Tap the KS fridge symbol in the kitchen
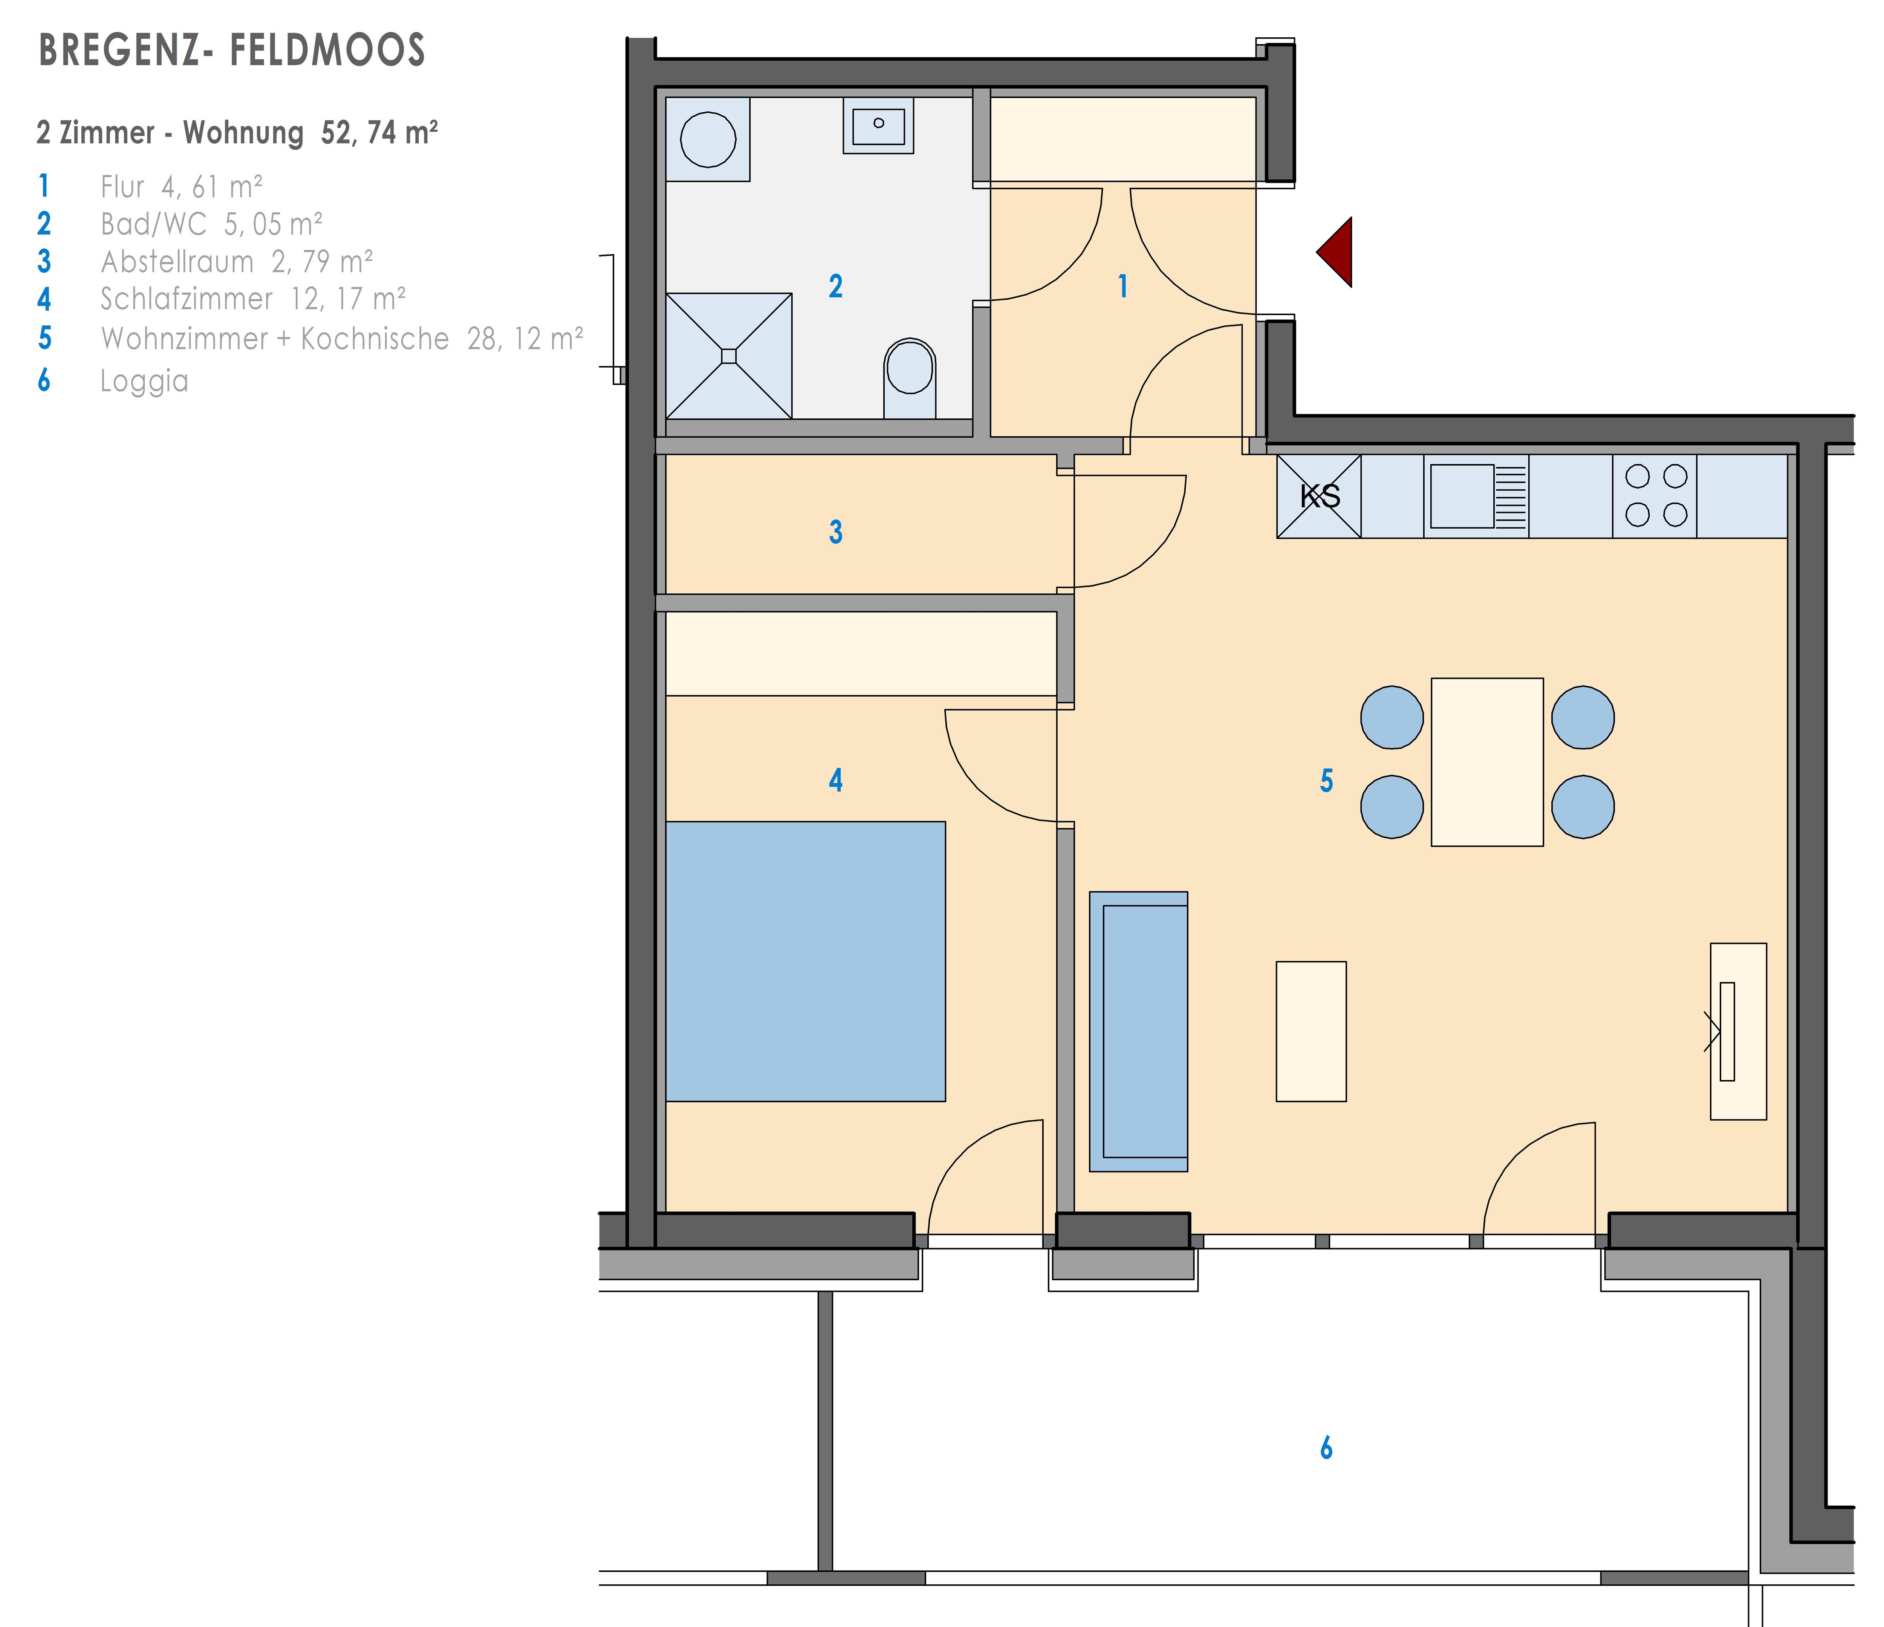point(1319,496)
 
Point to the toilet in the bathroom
point(909,377)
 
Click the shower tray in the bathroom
point(728,355)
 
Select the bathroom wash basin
point(878,126)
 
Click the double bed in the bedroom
point(806,961)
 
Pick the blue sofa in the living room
point(1138,1031)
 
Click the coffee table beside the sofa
point(1311,1031)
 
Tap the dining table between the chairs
point(1488,762)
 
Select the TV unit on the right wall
point(1739,1031)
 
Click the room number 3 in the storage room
point(836,532)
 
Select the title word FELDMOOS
point(327,50)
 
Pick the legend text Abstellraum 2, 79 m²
point(236,262)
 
